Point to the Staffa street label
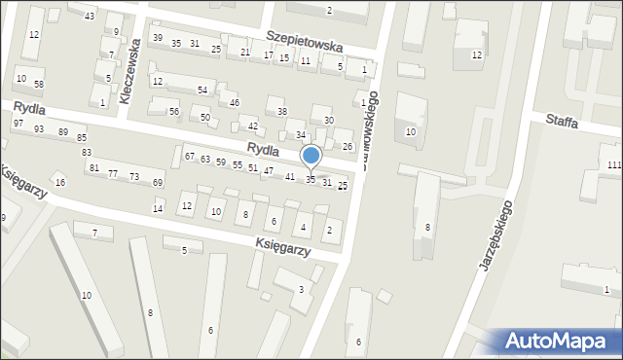pos(563,123)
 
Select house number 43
pos(90,17)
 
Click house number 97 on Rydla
pos(18,124)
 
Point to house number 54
pos(202,90)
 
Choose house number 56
pos(174,112)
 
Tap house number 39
pos(158,38)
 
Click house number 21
pos(244,53)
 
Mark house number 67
pos(190,157)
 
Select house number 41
pos(290,176)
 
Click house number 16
pos(60,183)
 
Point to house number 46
pos(235,102)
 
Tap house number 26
pos(348,146)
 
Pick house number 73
pos(133,176)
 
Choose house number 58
pos(39,85)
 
